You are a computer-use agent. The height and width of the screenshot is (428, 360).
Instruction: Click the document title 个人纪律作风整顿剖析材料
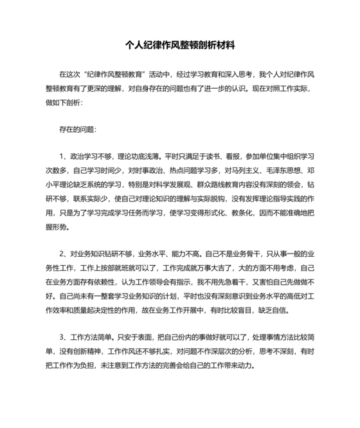point(179,47)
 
